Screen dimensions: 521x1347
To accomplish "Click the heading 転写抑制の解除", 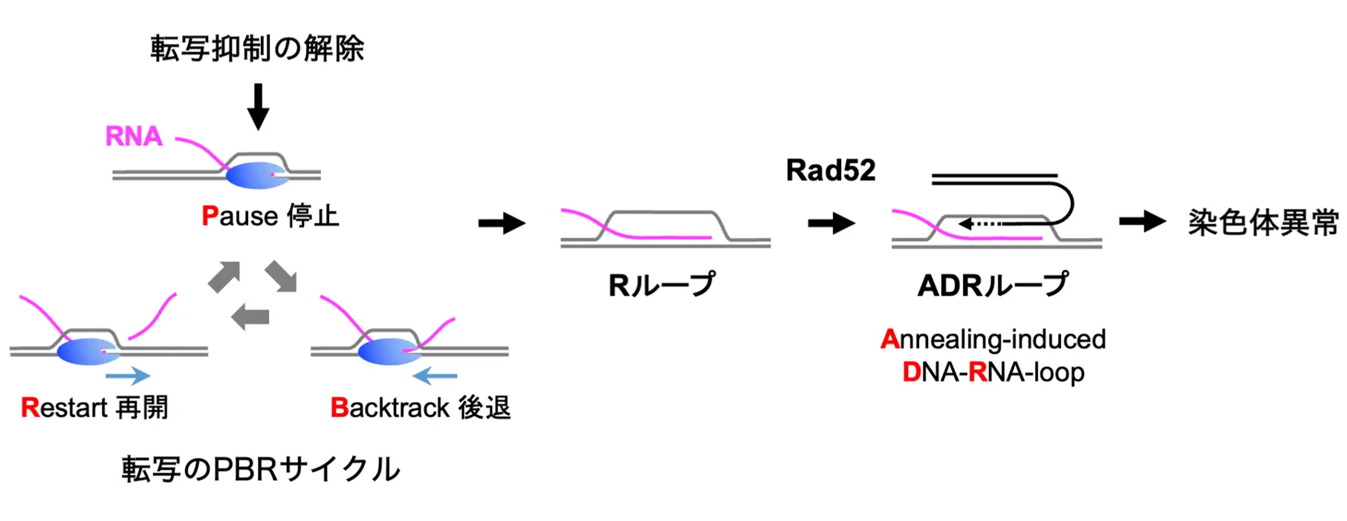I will [257, 49].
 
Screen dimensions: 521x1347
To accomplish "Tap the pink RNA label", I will [134, 137].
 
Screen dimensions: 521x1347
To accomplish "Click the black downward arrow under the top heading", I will [258, 106].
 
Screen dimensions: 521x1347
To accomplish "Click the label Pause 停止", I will [270, 216].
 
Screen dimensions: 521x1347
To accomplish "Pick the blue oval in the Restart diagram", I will [88, 352].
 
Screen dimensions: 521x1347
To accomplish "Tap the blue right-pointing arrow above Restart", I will [128, 376].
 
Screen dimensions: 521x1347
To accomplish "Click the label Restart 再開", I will [94, 407].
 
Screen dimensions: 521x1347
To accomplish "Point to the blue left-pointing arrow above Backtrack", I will [435, 376].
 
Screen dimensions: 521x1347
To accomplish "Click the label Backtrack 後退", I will [421, 407].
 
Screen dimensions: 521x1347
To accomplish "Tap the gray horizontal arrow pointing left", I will [250, 317].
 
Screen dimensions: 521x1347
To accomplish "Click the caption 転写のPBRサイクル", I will [261, 469].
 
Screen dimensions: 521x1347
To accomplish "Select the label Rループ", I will [662, 285].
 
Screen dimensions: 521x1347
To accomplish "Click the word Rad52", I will [831, 170].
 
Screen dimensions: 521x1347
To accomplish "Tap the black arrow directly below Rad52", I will [831, 222].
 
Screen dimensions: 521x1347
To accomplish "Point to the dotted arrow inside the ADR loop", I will [980, 223].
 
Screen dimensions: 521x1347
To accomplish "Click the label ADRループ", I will [993, 285].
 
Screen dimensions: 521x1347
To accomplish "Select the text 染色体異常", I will [1263, 222].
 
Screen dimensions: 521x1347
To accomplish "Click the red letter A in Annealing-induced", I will [890, 340].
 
